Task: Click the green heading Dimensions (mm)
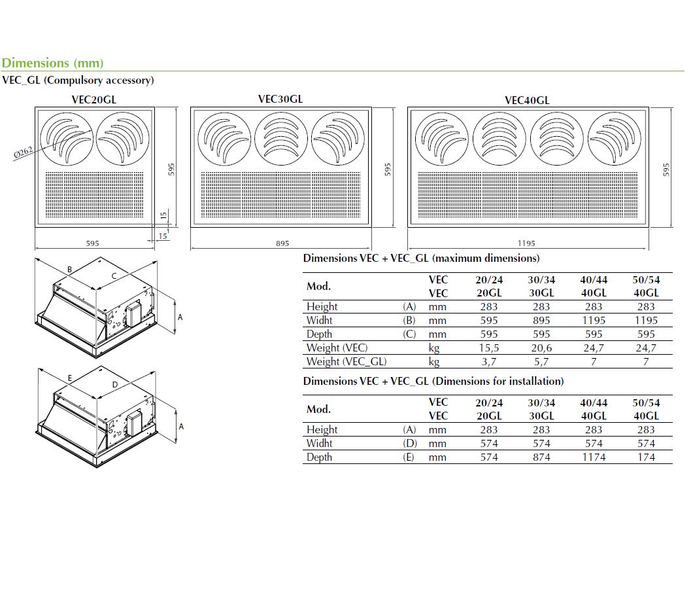tap(52, 63)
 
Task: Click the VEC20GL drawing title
tap(93, 100)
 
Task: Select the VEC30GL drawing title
tap(280, 99)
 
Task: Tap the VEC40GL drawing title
tap(527, 100)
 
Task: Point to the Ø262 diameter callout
tap(24, 153)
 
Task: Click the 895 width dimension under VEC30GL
tap(282, 243)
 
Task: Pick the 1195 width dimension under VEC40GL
tap(526, 243)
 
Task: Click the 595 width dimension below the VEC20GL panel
tap(93, 243)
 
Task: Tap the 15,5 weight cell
tap(489, 348)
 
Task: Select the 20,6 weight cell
tap(541, 348)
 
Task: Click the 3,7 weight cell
tap(489, 362)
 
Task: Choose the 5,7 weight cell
tap(541, 362)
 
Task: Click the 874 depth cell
tap(541, 457)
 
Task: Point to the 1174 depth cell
tap(594, 457)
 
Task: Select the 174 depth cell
tap(646, 457)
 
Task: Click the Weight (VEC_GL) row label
tap(346, 362)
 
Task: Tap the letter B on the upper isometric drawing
tap(69, 269)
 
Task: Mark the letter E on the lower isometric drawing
tap(69, 378)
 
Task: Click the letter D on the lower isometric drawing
tap(115, 385)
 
